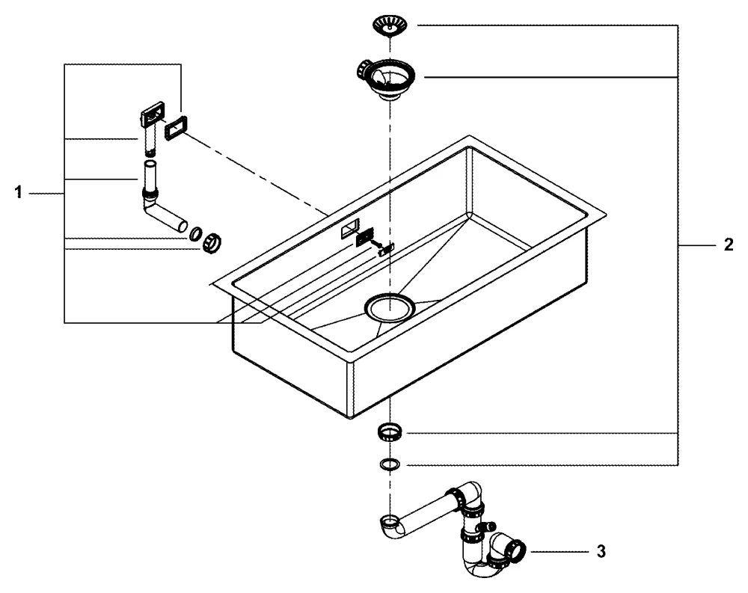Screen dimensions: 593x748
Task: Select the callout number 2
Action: pyautogui.click(x=728, y=245)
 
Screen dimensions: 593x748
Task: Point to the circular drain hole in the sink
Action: pyautogui.click(x=389, y=307)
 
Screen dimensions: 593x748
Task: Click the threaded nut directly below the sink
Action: pyautogui.click(x=389, y=432)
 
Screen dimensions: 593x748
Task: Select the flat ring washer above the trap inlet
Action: pyautogui.click(x=389, y=464)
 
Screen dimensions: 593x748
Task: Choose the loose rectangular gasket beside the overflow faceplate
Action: pyautogui.click(x=176, y=128)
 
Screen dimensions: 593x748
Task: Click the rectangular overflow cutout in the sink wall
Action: pyautogui.click(x=349, y=230)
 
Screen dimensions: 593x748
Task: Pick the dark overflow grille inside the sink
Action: pyautogui.click(x=363, y=237)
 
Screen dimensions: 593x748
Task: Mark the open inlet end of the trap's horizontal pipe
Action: pyautogui.click(x=389, y=520)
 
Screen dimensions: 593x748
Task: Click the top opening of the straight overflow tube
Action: pyautogui.click(x=150, y=164)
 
